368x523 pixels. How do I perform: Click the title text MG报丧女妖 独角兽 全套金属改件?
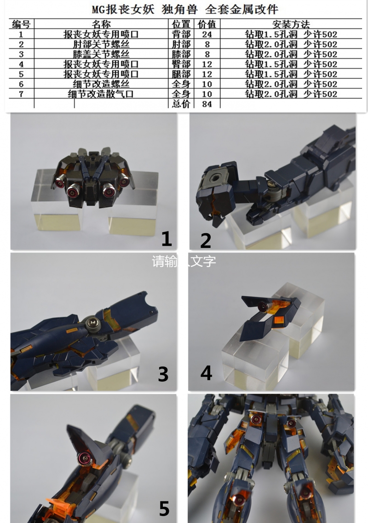pos(185,9)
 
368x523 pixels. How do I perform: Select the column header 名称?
pos(101,24)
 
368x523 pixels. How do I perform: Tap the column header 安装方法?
pos(291,24)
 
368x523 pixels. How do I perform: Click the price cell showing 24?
pos(207,35)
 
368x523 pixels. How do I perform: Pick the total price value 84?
pos(207,104)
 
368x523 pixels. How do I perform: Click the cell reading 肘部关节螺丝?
pos(101,44)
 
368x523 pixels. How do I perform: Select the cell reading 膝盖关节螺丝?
pos(101,54)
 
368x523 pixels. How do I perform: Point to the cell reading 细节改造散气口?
pos(101,94)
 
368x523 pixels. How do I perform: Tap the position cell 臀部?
pos(181,64)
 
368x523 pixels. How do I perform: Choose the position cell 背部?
pos(181,34)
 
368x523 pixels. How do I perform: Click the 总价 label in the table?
pos(181,104)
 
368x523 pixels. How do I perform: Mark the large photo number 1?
pos(167,239)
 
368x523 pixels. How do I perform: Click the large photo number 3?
pos(163,374)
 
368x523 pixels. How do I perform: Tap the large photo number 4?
pos(206,373)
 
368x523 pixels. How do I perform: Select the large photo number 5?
pos(164,508)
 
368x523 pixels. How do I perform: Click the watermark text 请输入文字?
pos(184,261)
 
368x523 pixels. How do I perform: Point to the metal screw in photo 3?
pos(92,323)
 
